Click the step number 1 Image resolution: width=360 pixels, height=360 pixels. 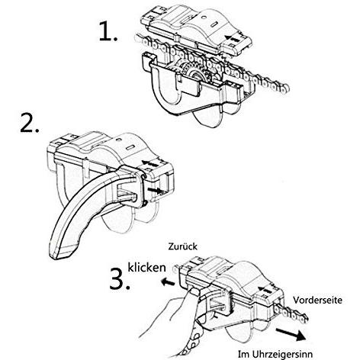pos(108,31)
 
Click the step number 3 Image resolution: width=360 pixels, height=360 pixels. pos(120,279)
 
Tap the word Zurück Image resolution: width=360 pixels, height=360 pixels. pos(182,246)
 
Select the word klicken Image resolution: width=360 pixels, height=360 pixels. pos(146,268)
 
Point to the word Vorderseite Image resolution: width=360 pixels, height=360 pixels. pos(317,300)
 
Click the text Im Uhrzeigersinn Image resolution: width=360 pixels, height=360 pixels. pos(275,354)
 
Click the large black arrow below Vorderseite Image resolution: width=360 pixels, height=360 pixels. pos(291,334)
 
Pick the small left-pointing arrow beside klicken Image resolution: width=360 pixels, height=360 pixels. pos(169,282)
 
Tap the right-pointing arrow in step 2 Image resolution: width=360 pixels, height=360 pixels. pos(155,190)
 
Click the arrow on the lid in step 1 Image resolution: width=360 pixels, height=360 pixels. pos(232,39)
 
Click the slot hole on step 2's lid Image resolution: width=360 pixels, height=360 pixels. pos(131,148)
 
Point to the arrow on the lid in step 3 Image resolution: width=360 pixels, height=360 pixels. pos(265,289)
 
